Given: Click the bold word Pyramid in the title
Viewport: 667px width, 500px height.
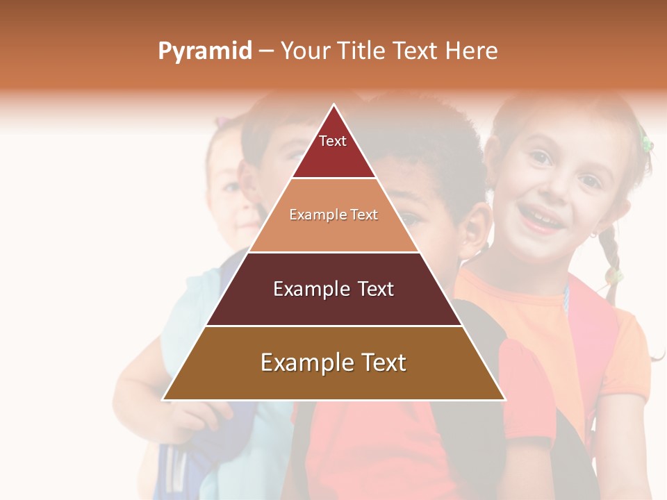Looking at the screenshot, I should click(204, 51).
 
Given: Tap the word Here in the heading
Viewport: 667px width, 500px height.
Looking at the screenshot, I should click(472, 51).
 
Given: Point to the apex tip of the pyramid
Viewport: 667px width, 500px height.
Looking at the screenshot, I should click(334, 106).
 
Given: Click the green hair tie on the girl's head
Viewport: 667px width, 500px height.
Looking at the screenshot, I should click(647, 143).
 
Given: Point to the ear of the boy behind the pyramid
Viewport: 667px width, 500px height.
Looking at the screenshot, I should click(475, 229).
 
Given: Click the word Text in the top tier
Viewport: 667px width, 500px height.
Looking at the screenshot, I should click(332, 141).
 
